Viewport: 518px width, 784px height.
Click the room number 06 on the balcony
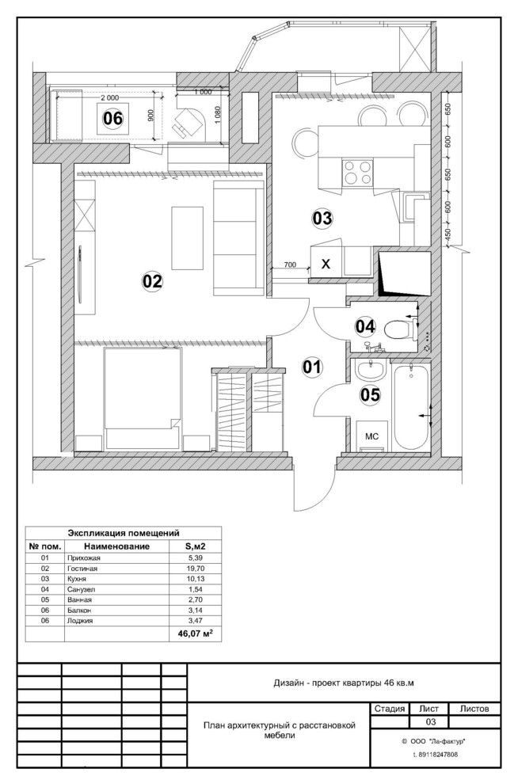(112, 119)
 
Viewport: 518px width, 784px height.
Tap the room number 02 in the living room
(153, 281)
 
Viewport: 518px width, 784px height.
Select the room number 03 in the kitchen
(322, 218)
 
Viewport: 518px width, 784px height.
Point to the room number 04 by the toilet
(365, 326)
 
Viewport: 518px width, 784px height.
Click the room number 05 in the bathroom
(371, 394)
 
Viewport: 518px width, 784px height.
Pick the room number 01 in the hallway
(313, 367)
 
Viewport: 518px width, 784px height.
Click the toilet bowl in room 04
(401, 329)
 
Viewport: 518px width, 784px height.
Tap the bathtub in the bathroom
(411, 406)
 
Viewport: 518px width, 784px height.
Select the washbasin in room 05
(370, 371)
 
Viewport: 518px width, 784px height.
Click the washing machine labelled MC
(371, 436)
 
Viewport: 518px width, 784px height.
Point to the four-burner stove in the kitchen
(357, 173)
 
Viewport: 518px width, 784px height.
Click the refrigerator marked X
(326, 264)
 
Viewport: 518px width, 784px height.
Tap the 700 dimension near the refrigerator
(290, 265)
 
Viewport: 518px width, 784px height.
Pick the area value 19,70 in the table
(196, 569)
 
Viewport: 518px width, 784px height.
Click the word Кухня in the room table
(77, 579)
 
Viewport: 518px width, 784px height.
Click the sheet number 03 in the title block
(430, 721)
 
